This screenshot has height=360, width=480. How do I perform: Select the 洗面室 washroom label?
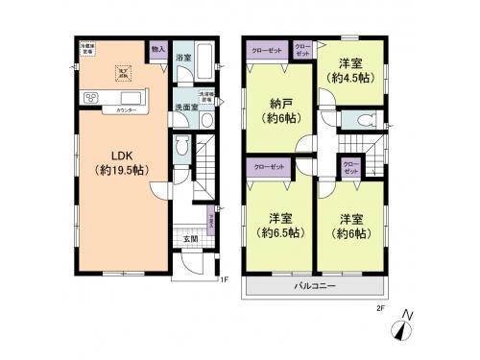click(x=185, y=108)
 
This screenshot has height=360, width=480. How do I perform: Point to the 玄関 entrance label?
click(x=190, y=238)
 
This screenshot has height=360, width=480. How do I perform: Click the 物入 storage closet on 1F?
click(x=159, y=49)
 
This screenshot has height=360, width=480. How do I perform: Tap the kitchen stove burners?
click(x=92, y=97)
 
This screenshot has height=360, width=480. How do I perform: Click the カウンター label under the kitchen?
click(x=125, y=112)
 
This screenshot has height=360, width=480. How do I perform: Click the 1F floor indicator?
click(x=223, y=279)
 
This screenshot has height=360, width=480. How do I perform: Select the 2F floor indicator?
click(x=379, y=308)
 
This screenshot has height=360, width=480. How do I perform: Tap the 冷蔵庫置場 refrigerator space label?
click(x=86, y=47)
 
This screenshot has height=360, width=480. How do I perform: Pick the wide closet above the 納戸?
click(x=267, y=49)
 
